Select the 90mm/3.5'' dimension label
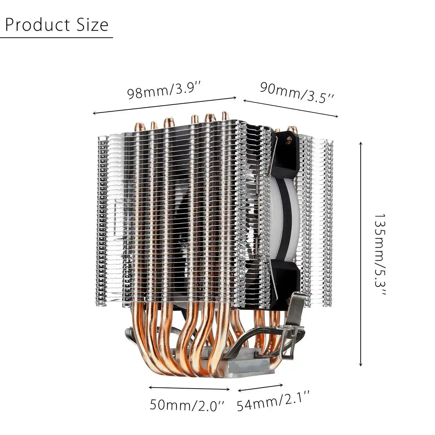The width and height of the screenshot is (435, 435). [x=297, y=92]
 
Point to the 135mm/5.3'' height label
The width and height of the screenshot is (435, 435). [x=380, y=254]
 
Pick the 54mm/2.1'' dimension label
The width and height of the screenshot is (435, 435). [x=273, y=400]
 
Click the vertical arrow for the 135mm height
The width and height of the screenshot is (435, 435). [x=360, y=254]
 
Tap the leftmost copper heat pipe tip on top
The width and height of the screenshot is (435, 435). [x=139, y=126]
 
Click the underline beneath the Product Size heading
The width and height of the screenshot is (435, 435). [x=57, y=37]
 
